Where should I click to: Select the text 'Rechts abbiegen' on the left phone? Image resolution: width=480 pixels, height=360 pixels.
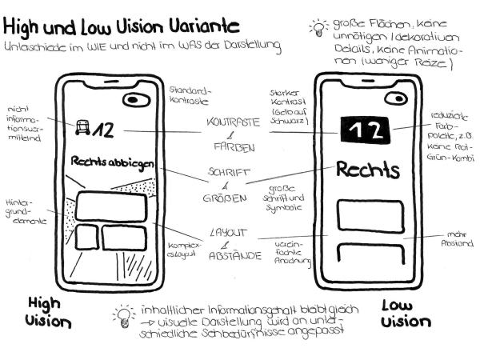[x=111, y=163]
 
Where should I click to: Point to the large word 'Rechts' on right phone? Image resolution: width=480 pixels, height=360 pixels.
[x=367, y=170]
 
